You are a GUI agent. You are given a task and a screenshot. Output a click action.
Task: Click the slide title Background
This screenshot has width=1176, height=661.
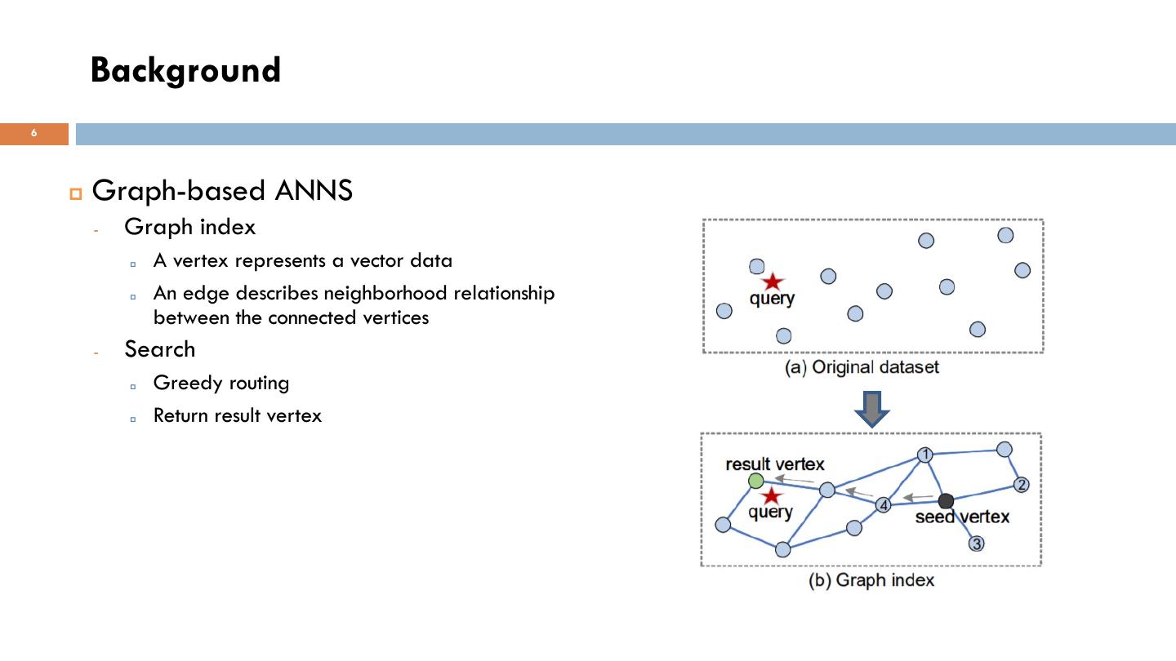185,70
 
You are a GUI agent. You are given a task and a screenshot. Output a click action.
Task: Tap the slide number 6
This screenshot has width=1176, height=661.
34,133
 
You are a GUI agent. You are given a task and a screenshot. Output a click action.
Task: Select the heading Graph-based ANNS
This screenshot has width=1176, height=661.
222,190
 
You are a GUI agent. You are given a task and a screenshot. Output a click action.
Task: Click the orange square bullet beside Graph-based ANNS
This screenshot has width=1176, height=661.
77,193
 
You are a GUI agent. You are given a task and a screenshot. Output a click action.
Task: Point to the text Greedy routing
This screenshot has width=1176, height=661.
220,383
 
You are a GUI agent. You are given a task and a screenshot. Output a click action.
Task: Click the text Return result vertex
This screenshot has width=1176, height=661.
237,415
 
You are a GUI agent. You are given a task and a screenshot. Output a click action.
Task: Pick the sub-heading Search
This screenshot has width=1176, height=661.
159,349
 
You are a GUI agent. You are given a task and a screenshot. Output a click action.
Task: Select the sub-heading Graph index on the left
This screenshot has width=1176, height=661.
189,227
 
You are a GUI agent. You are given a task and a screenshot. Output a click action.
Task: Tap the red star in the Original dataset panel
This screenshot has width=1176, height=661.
772,282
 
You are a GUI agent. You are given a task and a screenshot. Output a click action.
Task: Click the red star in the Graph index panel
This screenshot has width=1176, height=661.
770,496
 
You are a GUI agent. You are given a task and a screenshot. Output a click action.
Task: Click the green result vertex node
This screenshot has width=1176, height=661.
756,481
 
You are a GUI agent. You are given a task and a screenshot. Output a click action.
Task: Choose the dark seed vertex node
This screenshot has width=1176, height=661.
946,500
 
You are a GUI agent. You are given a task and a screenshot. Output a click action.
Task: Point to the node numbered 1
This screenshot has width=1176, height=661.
924,455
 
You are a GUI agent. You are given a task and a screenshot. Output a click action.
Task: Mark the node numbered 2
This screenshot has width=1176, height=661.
1021,485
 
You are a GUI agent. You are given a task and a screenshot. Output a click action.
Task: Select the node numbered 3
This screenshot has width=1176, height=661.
976,543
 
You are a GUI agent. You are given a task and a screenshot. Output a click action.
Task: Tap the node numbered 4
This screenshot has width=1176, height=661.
883,505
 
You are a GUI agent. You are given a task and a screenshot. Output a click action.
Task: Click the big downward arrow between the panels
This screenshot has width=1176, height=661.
871,408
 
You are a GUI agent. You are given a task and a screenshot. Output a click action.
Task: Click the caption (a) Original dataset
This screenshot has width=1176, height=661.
862,367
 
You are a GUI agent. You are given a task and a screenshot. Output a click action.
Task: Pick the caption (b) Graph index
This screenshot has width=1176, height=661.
871,580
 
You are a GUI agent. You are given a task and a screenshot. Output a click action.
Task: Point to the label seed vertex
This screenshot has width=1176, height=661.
962,517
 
